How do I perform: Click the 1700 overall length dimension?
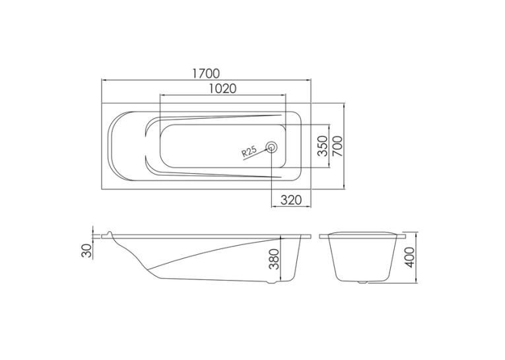click(206, 73)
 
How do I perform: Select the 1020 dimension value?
click(222, 89)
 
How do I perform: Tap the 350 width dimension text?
click(322, 146)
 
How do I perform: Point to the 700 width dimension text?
click(337, 146)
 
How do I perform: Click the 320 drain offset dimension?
click(291, 200)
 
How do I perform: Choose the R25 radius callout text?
click(250, 151)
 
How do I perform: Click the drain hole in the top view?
click(271, 147)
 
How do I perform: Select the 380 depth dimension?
click(274, 259)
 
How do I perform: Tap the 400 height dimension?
click(409, 257)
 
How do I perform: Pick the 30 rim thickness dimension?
click(86, 250)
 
